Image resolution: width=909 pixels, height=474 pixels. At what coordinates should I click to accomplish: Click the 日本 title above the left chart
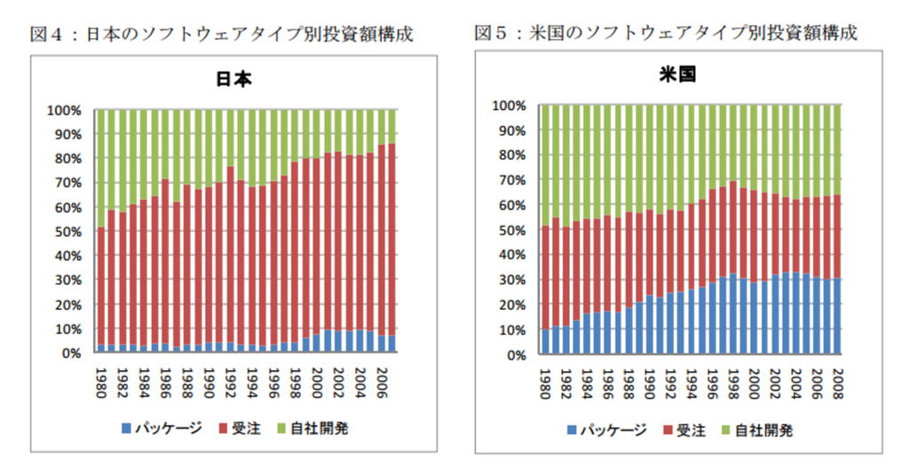coord(234,78)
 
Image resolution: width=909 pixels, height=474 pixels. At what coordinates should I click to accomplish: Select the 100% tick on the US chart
coord(508,106)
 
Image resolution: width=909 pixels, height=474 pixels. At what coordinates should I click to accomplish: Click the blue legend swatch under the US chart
coord(572,431)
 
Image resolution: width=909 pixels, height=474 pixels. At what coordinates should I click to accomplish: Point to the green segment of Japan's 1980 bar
coord(100,169)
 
